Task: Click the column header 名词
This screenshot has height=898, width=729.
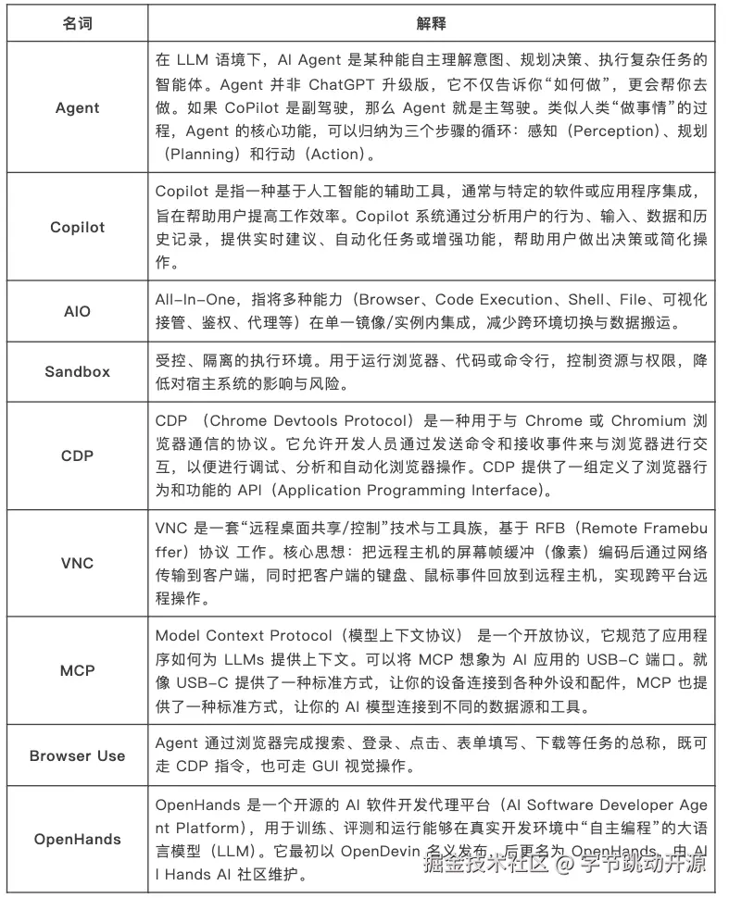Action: point(77,22)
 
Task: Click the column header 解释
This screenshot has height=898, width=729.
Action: point(432,22)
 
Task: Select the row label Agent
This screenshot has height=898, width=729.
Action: point(77,107)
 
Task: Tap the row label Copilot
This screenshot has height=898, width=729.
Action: point(77,227)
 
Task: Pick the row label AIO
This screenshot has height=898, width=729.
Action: point(77,311)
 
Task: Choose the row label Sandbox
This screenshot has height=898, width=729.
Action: point(77,371)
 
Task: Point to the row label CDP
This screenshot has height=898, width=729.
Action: point(77,455)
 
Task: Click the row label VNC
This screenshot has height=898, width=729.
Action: point(77,563)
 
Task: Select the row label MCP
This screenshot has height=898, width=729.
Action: point(77,670)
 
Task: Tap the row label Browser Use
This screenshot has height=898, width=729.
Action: point(77,755)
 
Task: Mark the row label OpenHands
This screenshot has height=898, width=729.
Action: point(77,840)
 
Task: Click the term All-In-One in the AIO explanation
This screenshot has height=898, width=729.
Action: point(194,299)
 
